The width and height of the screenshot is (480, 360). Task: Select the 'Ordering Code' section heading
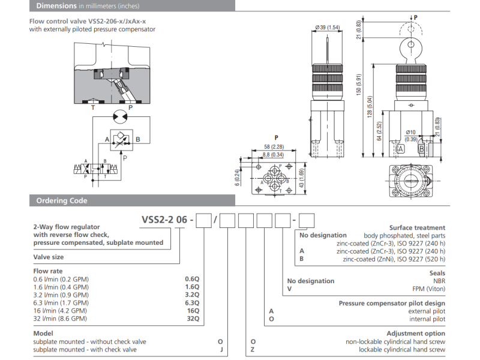pyautogui.click(x=61, y=200)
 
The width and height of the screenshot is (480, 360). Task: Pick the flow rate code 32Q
pyautogui.click(x=193, y=318)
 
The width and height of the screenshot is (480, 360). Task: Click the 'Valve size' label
pyautogui.click(x=48, y=257)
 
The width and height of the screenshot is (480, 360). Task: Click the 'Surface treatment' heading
pyautogui.click(x=417, y=227)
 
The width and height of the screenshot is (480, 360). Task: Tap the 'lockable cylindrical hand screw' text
pyautogui.click(x=402, y=349)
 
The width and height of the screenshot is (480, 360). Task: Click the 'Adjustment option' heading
pyautogui.click(x=416, y=334)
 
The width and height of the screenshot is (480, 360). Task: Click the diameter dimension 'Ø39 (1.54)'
pyautogui.click(x=326, y=28)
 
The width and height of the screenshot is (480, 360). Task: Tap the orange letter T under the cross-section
pyautogui.click(x=92, y=107)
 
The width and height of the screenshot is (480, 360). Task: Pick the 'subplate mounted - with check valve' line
pyautogui.click(x=85, y=349)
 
